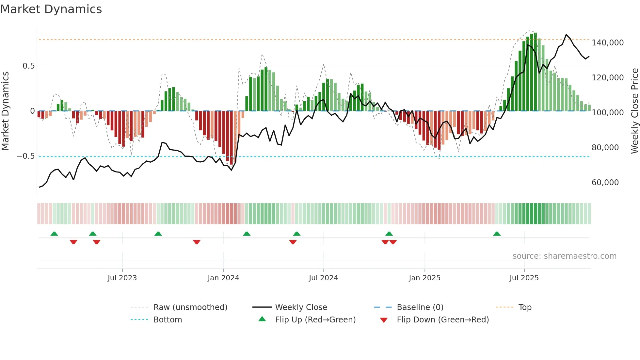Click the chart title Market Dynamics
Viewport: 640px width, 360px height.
pos(51,9)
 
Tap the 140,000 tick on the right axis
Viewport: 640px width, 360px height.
pos(607,43)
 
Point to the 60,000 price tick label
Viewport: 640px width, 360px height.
pos(605,183)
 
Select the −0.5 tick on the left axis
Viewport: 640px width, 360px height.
pos(25,156)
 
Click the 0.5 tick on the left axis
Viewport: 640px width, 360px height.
pos(28,66)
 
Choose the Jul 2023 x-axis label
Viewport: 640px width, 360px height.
pos(122,278)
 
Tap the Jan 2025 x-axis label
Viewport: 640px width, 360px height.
pos(424,278)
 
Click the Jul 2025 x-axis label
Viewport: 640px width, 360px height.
pos(524,278)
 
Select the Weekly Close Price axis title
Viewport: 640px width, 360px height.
pos(634,111)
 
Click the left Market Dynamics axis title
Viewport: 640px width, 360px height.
pos(5,111)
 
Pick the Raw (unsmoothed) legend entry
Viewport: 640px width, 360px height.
pos(190,307)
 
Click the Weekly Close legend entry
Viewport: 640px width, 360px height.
pos(301,307)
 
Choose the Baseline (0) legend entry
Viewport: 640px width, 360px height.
pos(420,307)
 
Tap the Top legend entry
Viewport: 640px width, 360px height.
pos(525,307)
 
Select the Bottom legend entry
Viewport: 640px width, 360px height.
pos(168,320)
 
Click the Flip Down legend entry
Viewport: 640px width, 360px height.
pos(442,320)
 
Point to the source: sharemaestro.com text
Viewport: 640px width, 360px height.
pos(564,256)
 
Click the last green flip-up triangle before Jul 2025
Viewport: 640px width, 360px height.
pos(497,234)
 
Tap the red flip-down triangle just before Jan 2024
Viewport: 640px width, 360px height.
pos(197,242)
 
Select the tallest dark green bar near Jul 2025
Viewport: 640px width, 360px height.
pos(535,72)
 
